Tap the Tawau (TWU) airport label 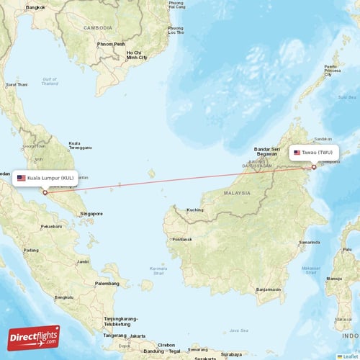(312, 153)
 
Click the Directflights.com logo (34, 337)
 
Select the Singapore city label (91, 213)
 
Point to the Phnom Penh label (112, 43)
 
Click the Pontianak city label (182, 239)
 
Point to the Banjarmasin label (269, 289)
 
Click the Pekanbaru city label (52, 226)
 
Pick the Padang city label (32, 250)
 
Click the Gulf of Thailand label (50, 81)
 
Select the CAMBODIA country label (97, 27)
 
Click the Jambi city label (83, 261)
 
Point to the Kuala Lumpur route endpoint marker (45, 192)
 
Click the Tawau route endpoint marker (314, 167)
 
